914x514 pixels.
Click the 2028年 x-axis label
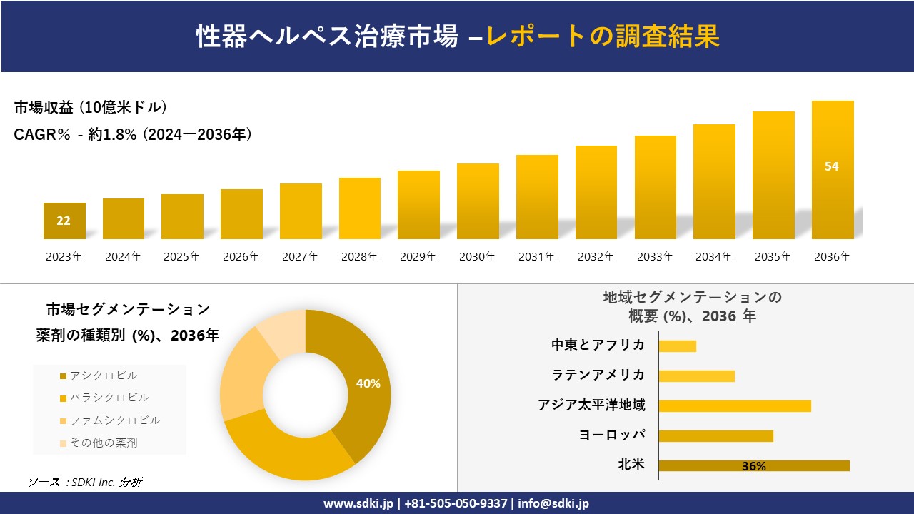pyautogui.click(x=359, y=257)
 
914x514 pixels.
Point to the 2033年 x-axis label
pyautogui.click(x=655, y=257)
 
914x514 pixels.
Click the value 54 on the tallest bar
pyautogui.click(x=832, y=166)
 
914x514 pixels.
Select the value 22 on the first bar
pyautogui.click(x=64, y=221)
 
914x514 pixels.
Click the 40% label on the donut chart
pyautogui.click(x=368, y=383)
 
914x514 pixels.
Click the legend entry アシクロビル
pyautogui.click(x=103, y=376)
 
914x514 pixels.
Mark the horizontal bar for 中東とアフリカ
pyautogui.click(x=677, y=346)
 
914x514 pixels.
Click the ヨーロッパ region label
pyautogui.click(x=612, y=435)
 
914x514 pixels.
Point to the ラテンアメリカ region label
pyautogui.click(x=598, y=375)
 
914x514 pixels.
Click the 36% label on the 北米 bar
pyautogui.click(x=753, y=466)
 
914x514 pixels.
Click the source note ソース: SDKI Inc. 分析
pyautogui.click(x=85, y=483)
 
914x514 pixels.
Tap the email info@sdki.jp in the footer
pyautogui.click(x=554, y=503)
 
